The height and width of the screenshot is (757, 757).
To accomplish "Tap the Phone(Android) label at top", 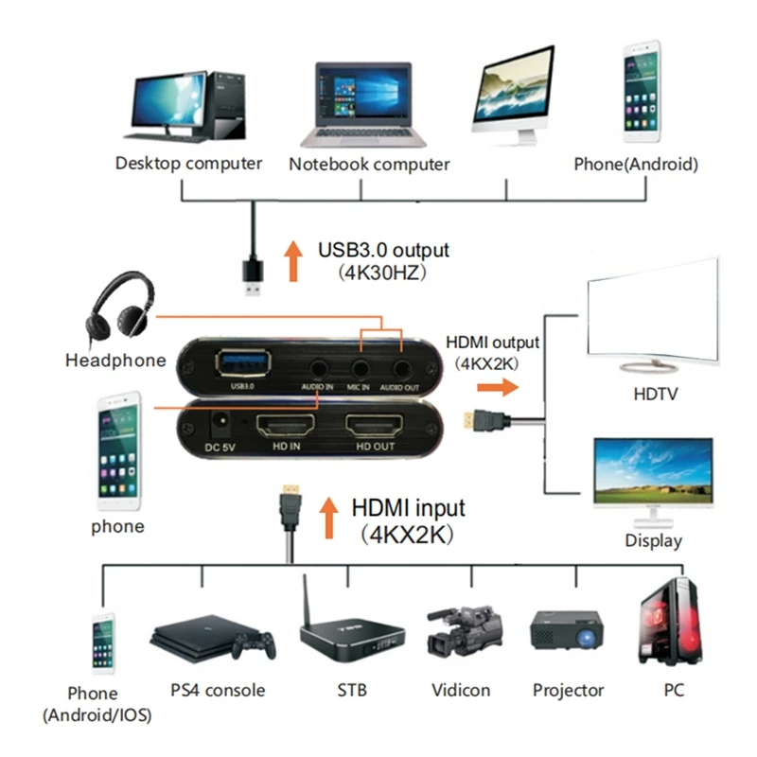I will click(636, 164).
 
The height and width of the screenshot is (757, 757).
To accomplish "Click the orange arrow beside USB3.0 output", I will click(293, 261).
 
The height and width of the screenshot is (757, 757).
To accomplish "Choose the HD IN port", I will click(288, 428).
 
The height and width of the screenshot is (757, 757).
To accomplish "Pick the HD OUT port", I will click(375, 428).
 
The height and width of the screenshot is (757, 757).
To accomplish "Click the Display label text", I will click(653, 541).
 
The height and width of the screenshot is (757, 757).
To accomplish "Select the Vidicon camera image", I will click(463, 631).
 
